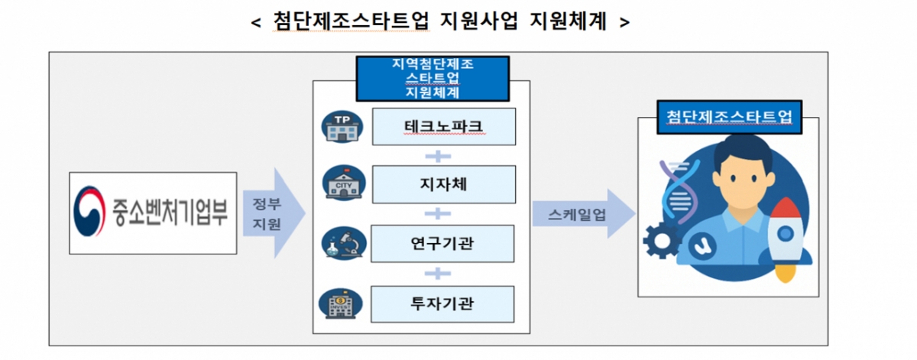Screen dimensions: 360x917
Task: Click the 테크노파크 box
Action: pyautogui.click(x=442, y=126)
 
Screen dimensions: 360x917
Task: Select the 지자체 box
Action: pyautogui.click(x=442, y=184)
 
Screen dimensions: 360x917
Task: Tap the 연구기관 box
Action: pyautogui.click(x=442, y=243)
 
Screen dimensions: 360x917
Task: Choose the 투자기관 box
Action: pyautogui.click(x=442, y=303)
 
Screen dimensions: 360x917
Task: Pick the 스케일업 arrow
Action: pyautogui.click(x=585, y=214)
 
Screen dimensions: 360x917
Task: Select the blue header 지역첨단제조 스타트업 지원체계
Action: pyautogui.click(x=432, y=78)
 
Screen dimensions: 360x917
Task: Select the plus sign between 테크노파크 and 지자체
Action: pyautogui.click(x=433, y=156)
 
